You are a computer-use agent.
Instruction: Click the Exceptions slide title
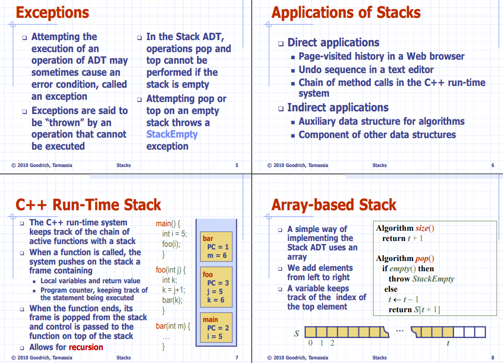point(53,12)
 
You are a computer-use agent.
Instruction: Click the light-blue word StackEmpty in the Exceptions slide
point(172,135)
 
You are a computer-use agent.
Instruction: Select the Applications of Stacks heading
point(346,12)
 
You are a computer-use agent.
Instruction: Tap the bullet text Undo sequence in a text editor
point(366,70)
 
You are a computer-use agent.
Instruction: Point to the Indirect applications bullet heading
point(338,108)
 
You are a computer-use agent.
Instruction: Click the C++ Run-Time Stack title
point(88,205)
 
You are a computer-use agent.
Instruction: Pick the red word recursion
point(86,347)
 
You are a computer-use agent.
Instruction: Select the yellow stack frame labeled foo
point(216,287)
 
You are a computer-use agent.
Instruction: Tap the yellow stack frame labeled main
point(216,327)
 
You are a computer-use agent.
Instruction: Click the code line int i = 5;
point(174,234)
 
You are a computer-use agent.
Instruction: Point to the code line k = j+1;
point(174,290)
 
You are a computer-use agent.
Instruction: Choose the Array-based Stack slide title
point(333,205)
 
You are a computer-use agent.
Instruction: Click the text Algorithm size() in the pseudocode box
point(405,228)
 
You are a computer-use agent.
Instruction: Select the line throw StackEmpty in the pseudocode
point(421,279)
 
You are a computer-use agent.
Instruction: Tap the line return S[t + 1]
point(414,310)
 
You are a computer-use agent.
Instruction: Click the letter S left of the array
point(296,333)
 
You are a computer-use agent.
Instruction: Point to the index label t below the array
point(448,343)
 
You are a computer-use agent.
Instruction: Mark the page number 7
point(237,358)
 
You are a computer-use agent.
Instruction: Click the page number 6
point(493,165)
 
